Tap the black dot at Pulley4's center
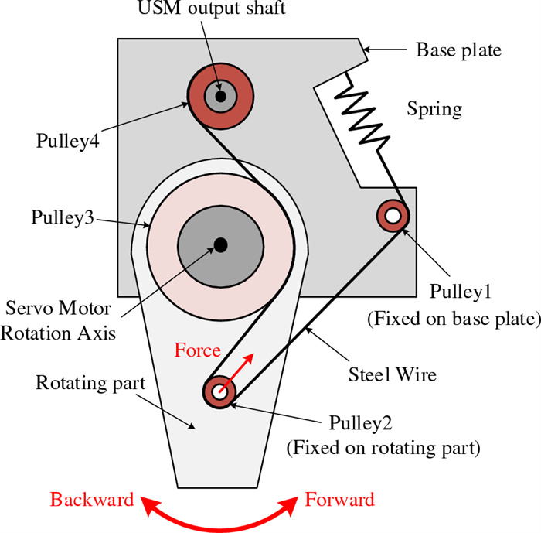(221, 96)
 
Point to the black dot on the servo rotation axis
(220, 245)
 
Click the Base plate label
(458, 50)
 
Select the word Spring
(434, 108)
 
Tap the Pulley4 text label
(67, 141)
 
